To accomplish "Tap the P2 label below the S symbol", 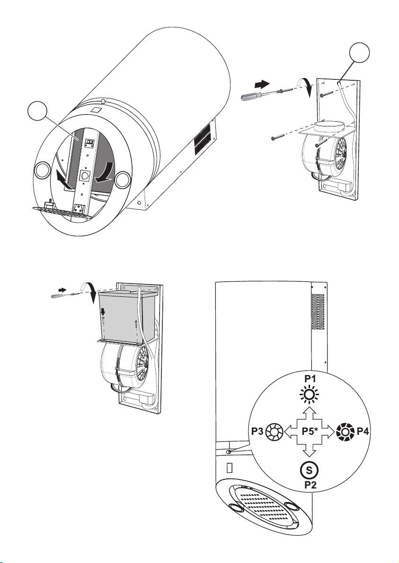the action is click(310, 485).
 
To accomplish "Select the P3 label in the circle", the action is click(257, 431).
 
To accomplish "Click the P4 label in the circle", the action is click(363, 431).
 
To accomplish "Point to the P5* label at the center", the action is click(310, 431).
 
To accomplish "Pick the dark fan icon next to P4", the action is click(345, 431).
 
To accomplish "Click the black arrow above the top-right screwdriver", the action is click(262, 84).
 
